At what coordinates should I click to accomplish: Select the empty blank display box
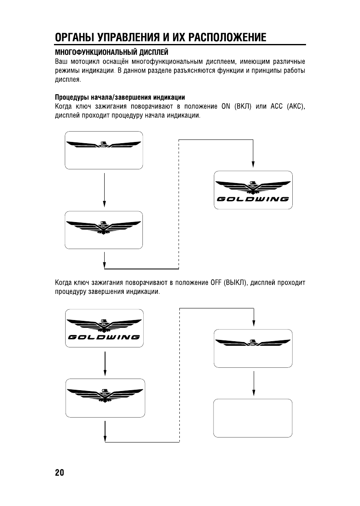(253, 418)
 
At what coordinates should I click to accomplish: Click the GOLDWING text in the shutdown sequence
(104, 336)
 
